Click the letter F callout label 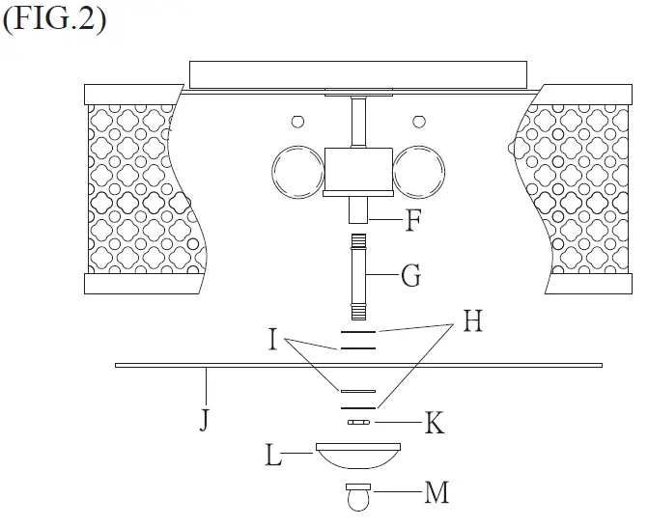click(x=412, y=220)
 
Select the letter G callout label click(x=410, y=277)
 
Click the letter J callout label click(x=204, y=421)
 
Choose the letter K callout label click(x=435, y=423)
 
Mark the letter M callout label click(x=437, y=493)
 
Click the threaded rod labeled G click(x=358, y=278)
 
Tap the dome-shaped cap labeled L click(x=357, y=455)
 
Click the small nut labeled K click(x=357, y=422)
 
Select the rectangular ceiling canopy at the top click(x=358, y=74)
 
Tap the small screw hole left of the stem click(x=298, y=121)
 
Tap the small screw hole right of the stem click(x=418, y=121)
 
